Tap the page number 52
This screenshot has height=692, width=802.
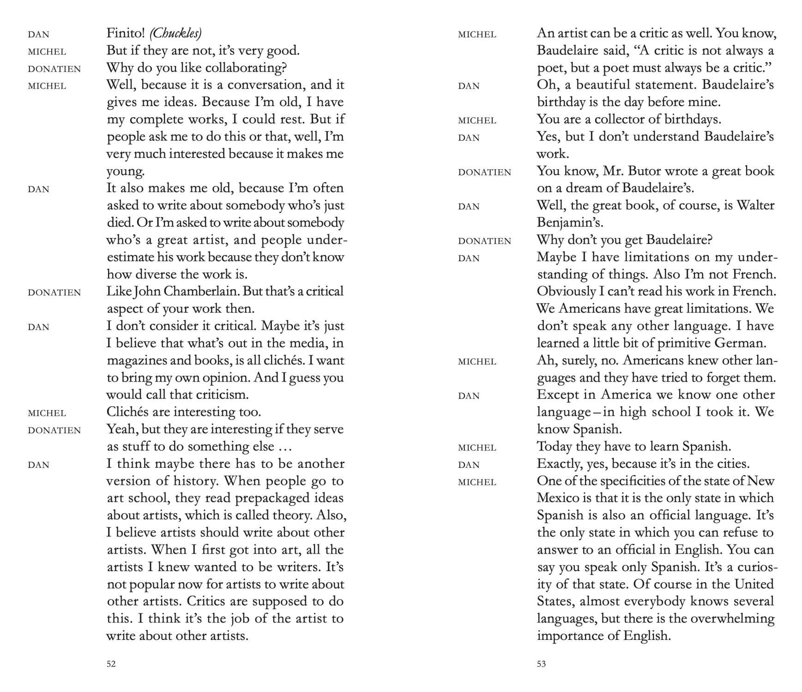coord(111,664)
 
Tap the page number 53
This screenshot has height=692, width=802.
coord(542,664)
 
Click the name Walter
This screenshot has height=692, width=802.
coord(755,205)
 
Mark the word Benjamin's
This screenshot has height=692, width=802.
coord(570,223)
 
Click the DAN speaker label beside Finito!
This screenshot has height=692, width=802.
coord(38,35)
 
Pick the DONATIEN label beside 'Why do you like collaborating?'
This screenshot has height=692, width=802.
coord(54,69)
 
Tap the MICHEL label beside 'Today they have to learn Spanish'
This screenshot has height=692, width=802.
coord(477,447)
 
